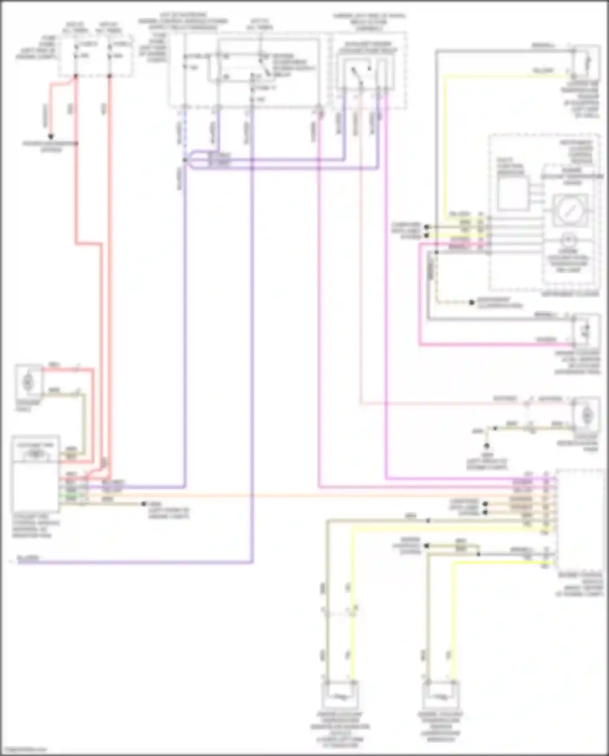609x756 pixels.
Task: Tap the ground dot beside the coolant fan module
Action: (143, 504)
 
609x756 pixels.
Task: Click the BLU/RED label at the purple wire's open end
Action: (28, 558)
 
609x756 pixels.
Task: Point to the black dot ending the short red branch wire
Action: (51, 136)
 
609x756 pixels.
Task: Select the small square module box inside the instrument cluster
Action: (512, 194)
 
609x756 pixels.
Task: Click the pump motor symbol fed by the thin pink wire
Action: (586, 415)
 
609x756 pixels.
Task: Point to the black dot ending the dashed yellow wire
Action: (472, 303)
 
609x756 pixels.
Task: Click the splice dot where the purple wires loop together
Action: (185, 160)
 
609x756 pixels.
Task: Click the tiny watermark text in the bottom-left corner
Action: (23, 750)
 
